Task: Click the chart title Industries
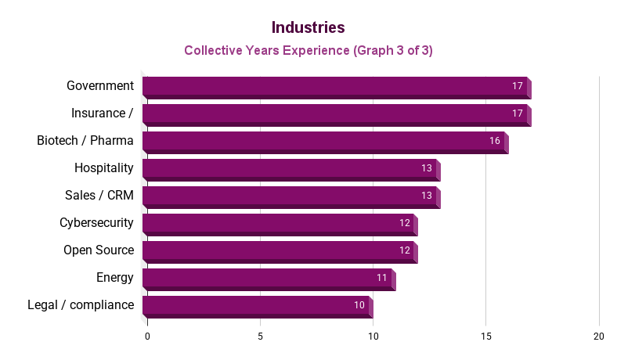click(308, 27)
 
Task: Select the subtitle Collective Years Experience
click(308, 51)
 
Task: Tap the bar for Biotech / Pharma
click(324, 142)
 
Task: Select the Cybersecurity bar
click(279, 224)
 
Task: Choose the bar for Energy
click(268, 279)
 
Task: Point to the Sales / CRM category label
click(99, 195)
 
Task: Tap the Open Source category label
click(99, 250)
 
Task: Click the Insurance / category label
click(102, 113)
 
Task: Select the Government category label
click(99, 85)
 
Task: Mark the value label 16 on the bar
click(495, 141)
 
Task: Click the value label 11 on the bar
click(382, 278)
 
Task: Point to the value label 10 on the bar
click(359, 305)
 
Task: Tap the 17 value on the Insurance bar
click(518, 113)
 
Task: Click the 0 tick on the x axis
click(147, 336)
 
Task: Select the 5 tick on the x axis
click(260, 336)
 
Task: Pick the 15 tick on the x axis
click(486, 336)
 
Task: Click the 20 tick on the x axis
click(599, 336)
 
